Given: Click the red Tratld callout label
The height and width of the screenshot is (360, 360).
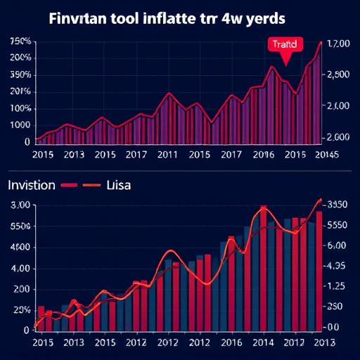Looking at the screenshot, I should tap(284, 44).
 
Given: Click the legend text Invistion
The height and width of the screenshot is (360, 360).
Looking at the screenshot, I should tap(31, 186).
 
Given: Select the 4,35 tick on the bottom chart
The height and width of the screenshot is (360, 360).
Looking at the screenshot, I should tap(336, 266).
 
